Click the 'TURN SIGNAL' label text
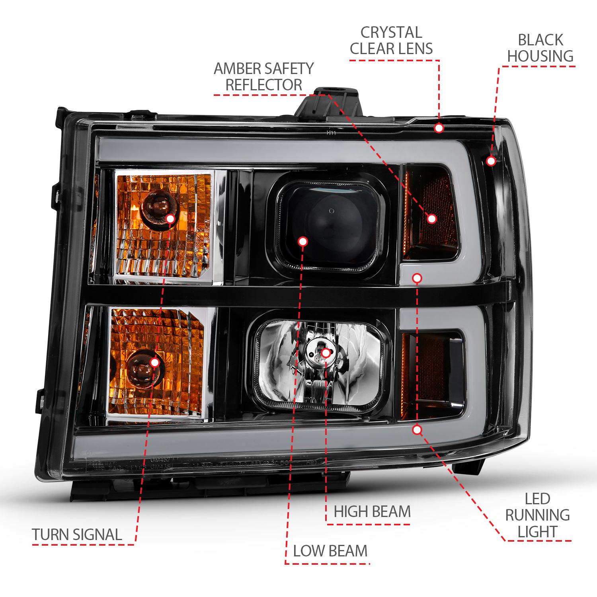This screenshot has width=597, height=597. [77, 535]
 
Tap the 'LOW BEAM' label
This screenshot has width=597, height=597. [330, 551]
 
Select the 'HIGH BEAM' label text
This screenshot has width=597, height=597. [372, 512]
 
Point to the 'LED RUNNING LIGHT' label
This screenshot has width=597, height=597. [537, 515]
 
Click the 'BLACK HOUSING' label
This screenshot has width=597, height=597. [540, 48]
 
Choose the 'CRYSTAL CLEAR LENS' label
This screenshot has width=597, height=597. [391, 41]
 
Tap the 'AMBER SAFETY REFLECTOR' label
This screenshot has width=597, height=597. [263, 77]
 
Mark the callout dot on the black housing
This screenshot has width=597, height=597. [491, 161]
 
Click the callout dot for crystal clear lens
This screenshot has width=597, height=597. [439, 128]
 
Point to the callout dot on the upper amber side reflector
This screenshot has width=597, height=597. [432, 219]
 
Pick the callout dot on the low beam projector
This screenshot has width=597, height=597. [302, 242]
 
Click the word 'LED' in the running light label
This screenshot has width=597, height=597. [537, 499]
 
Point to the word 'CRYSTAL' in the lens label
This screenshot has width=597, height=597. [391, 33]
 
